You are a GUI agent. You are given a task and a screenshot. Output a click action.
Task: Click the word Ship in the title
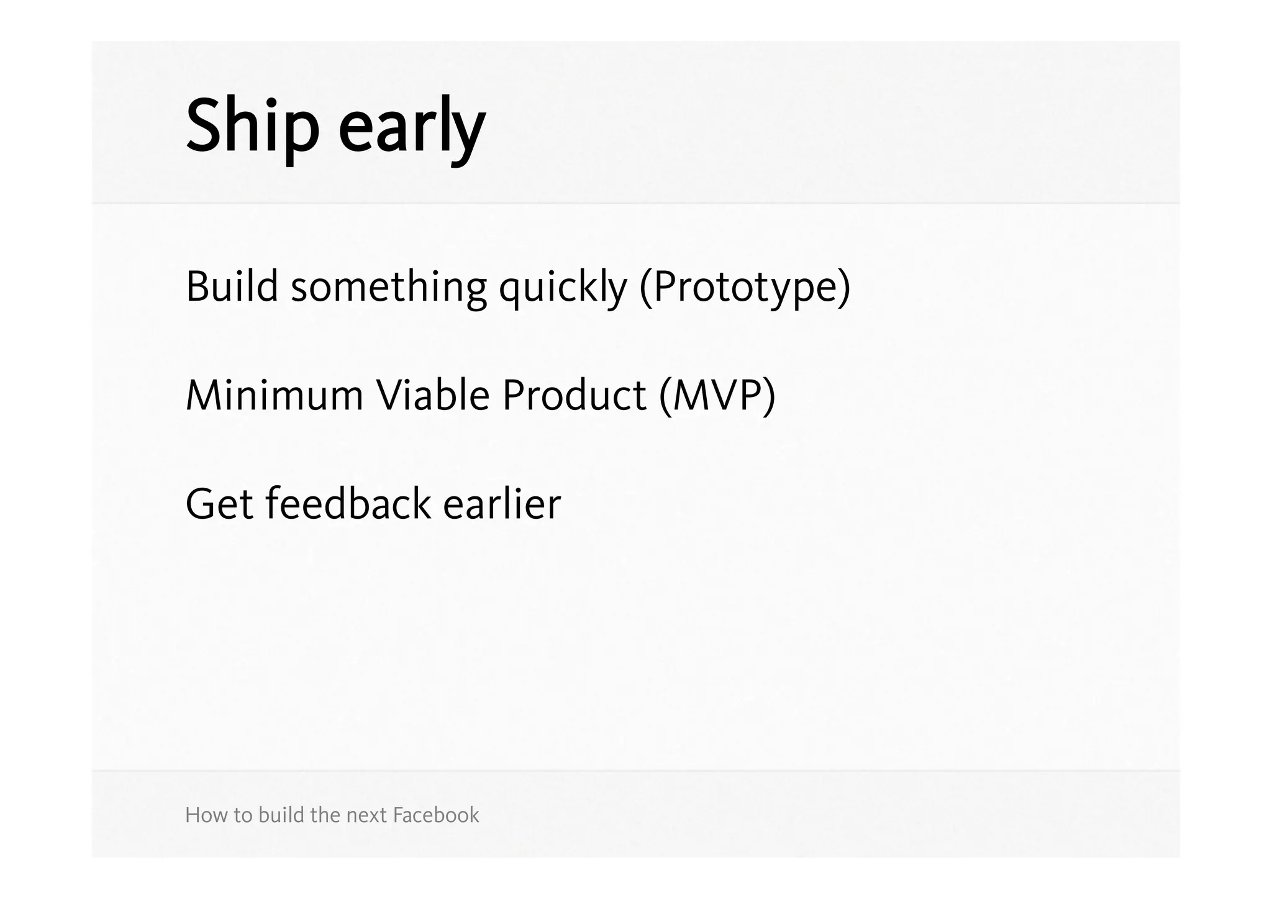[252, 127]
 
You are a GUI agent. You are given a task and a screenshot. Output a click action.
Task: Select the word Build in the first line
[232, 287]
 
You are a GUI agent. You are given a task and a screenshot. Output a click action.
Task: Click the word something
[389, 289]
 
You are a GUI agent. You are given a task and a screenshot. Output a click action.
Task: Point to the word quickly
[563, 289]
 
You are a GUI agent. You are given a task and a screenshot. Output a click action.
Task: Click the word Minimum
[274, 396]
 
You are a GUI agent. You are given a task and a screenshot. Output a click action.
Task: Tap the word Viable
[433, 396]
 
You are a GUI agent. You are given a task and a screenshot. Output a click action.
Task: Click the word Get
[219, 504]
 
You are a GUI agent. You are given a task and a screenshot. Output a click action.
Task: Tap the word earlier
[502, 504]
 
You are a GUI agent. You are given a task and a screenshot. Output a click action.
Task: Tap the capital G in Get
[201, 504]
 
